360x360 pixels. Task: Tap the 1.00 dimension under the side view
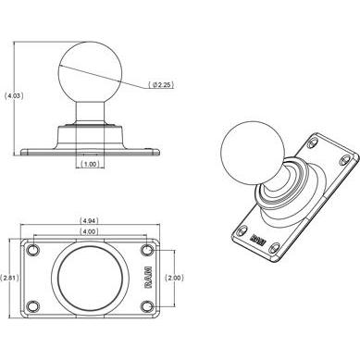pos(89,165)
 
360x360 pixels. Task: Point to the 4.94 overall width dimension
pos(90,220)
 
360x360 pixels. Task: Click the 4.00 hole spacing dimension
pos(90,230)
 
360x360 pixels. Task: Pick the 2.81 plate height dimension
pos(9,278)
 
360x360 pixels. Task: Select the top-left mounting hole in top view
pos(33,251)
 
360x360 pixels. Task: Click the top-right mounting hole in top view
pos(147,251)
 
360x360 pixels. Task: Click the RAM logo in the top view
pos(148,278)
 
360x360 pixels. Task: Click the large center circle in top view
pos(89,278)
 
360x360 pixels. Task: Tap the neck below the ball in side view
pos(89,117)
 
